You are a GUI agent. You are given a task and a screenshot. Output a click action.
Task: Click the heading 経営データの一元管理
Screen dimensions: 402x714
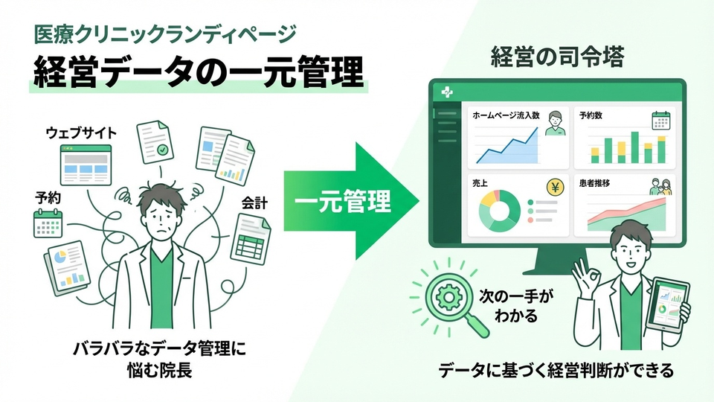coord(197,72)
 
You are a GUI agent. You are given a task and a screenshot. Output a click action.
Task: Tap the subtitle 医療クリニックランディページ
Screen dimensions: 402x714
coord(165,33)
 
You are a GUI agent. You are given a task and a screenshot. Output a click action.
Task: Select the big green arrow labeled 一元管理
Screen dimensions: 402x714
coord(350,200)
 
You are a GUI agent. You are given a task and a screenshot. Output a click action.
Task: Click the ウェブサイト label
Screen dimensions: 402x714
coord(81,133)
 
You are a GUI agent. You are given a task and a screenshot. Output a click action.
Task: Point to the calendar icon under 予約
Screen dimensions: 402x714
coord(48,223)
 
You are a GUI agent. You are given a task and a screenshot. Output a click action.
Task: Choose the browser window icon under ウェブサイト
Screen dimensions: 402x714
coord(86,165)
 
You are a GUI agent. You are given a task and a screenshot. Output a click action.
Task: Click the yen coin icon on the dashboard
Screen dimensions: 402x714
coord(555,187)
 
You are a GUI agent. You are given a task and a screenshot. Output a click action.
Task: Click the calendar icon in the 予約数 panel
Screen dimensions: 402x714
coord(661,121)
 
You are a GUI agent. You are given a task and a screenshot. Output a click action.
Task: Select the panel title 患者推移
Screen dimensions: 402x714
coord(597,183)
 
